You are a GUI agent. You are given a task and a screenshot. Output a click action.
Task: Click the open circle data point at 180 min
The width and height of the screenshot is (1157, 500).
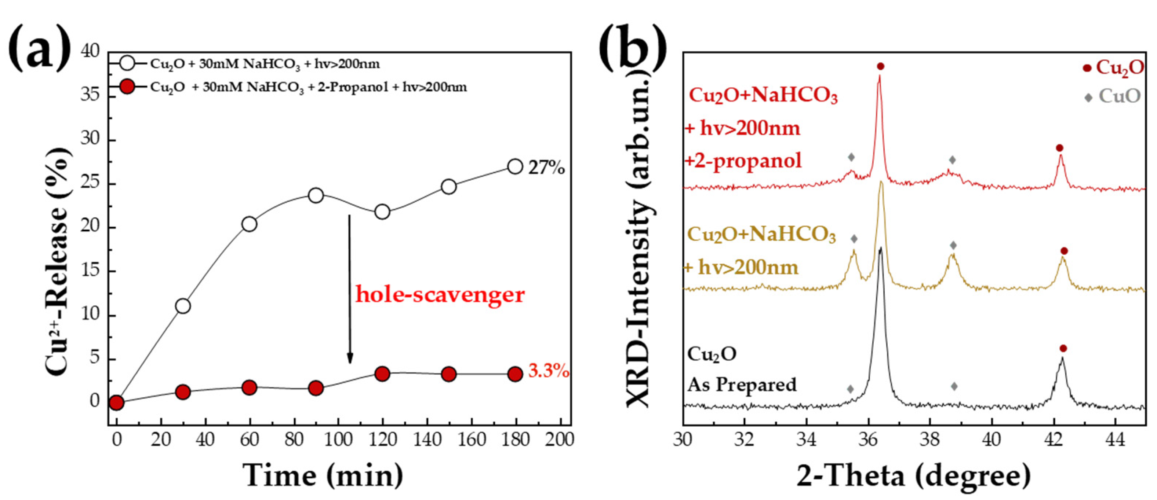click(x=515, y=166)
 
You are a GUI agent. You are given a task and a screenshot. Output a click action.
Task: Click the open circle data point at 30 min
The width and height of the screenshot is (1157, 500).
click(x=183, y=306)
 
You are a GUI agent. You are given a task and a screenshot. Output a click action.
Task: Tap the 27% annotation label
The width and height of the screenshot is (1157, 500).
click(x=546, y=168)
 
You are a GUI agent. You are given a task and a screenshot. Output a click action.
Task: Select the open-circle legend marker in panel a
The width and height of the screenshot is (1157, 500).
click(x=128, y=64)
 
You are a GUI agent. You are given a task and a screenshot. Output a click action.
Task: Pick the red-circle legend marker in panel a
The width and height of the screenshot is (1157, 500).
click(x=128, y=87)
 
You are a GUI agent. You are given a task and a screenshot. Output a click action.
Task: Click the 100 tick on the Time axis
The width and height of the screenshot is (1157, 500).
click(x=338, y=440)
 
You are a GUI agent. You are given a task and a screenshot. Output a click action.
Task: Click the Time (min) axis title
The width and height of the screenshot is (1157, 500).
click(x=323, y=476)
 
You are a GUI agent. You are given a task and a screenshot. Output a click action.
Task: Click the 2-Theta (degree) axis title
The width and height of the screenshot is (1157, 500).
click(x=914, y=476)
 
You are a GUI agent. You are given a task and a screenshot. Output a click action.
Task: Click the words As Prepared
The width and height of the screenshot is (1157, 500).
click(x=742, y=385)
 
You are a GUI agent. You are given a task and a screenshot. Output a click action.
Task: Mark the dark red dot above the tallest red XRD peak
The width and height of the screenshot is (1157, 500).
click(x=880, y=66)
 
